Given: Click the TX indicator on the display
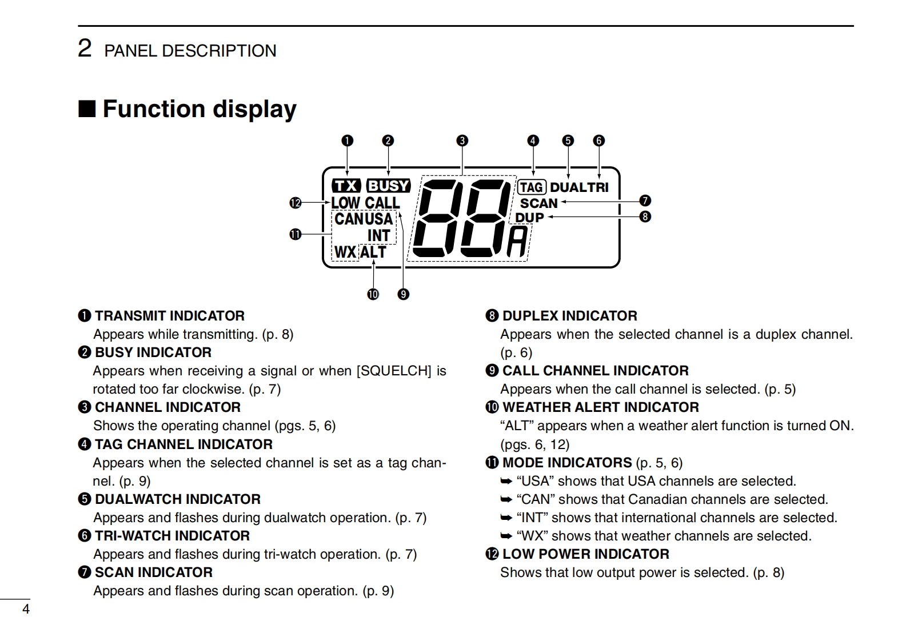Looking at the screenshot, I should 346,186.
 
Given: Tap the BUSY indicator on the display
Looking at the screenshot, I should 388,186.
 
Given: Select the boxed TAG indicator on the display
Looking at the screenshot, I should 532,187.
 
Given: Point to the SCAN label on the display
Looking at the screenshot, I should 538,203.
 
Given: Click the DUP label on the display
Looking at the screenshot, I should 529,218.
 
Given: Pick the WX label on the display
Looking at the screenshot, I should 345,252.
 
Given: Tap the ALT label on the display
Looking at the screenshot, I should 373,252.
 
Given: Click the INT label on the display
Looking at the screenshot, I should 378,235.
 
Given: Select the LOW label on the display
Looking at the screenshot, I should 345,203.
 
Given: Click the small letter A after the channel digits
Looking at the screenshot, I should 517,242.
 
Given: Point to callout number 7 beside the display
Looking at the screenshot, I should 645,201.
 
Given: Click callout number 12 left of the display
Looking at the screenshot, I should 295,203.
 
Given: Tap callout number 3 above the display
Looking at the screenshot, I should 462,141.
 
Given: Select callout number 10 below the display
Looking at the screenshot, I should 373,294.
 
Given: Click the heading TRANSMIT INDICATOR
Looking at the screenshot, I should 169,316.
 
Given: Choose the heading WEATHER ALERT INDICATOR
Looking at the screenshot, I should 600,407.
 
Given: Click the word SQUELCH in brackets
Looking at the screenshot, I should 393,371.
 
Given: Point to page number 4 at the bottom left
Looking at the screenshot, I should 26,609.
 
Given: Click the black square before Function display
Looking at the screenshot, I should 86,109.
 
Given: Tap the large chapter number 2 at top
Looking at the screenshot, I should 85,49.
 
